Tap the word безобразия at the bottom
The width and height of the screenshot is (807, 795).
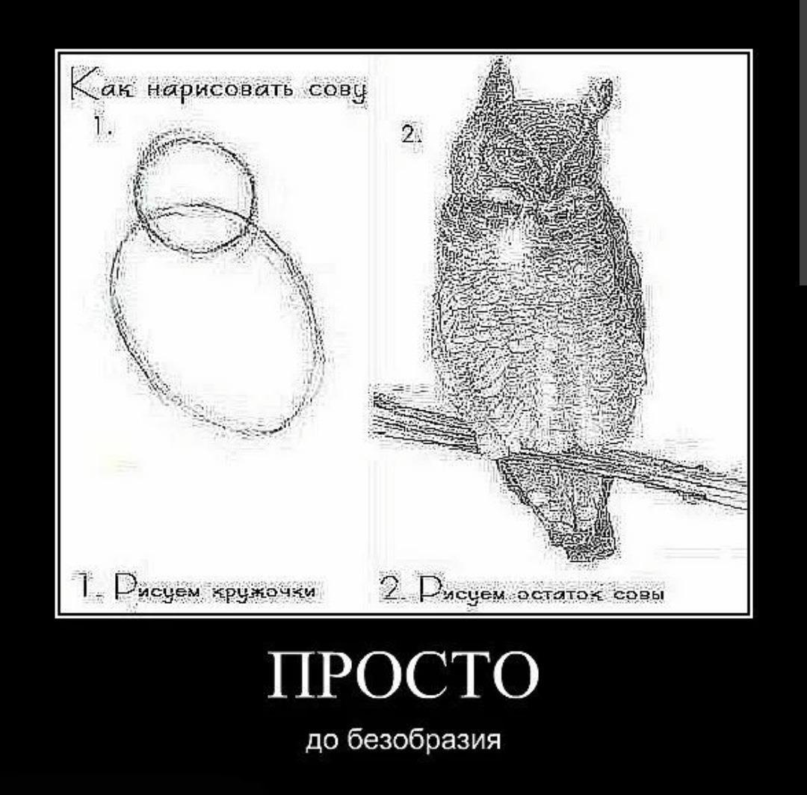click(424, 740)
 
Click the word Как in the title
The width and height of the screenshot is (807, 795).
click(102, 87)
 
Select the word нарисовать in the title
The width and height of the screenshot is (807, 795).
click(220, 90)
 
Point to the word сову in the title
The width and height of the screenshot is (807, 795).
click(337, 92)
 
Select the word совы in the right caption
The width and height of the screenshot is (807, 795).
click(638, 595)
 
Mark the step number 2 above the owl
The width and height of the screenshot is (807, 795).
click(410, 135)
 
